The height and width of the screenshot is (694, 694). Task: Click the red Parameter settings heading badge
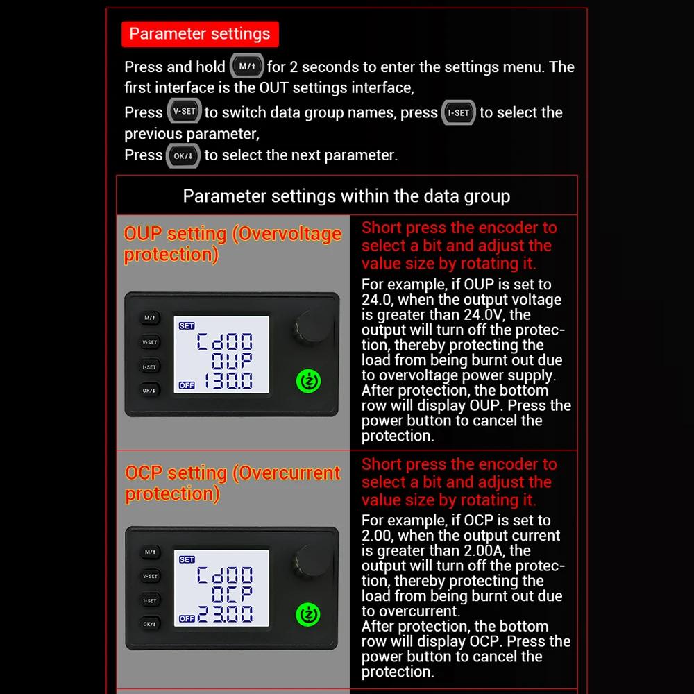(200, 34)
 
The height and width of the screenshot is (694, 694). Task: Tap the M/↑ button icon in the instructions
(246, 67)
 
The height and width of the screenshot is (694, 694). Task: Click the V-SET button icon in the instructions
(184, 112)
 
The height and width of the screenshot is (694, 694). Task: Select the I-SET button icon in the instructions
(459, 112)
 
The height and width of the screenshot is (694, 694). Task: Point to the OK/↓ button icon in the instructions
(183, 155)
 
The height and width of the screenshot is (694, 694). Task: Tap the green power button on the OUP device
(309, 381)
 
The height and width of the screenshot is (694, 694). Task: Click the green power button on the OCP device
(309, 615)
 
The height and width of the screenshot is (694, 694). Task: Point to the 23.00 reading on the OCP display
(226, 615)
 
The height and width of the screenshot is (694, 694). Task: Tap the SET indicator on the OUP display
(187, 325)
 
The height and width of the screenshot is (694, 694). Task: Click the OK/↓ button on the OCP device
(150, 624)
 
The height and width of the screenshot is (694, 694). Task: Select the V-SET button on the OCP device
(150, 576)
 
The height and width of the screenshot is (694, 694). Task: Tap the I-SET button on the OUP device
(150, 366)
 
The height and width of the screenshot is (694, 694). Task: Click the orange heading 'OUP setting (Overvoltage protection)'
(232, 244)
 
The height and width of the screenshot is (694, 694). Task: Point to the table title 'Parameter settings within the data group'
(346, 196)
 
